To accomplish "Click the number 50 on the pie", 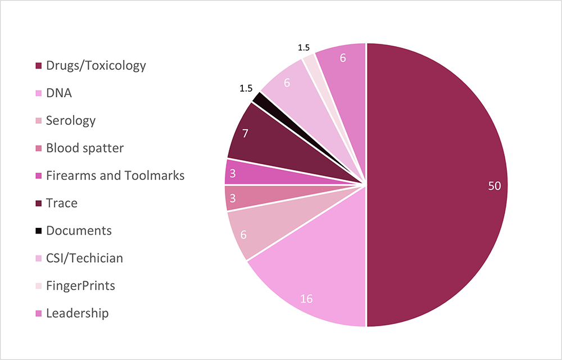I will [494, 186].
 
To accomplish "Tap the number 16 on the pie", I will [306, 299].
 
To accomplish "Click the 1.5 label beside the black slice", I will [246, 88].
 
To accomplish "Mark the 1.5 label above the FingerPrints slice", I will [303, 48].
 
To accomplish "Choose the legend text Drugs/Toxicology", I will [96, 65].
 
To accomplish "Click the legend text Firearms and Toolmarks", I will [115, 175].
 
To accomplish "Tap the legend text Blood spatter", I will [85, 148].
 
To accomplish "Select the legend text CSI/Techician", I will [84, 258].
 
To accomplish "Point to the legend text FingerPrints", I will [80, 286].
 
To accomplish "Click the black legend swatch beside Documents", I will [39, 231].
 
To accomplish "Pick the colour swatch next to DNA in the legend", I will [39, 93].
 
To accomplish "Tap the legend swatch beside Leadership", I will [39, 314].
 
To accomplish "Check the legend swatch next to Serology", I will [39, 121].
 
